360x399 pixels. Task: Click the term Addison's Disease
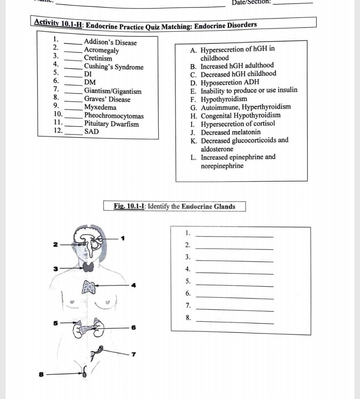(110, 42)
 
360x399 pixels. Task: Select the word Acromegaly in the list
(101, 50)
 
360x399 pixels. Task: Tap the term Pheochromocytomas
(114, 116)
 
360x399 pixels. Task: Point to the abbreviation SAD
(92, 132)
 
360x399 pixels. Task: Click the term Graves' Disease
(107, 99)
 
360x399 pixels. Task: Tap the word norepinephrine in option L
(222, 166)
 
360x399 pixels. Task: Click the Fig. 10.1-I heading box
(174, 206)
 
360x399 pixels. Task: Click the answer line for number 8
(234, 321)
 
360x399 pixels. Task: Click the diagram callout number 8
(40, 374)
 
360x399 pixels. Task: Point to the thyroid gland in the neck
(89, 267)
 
